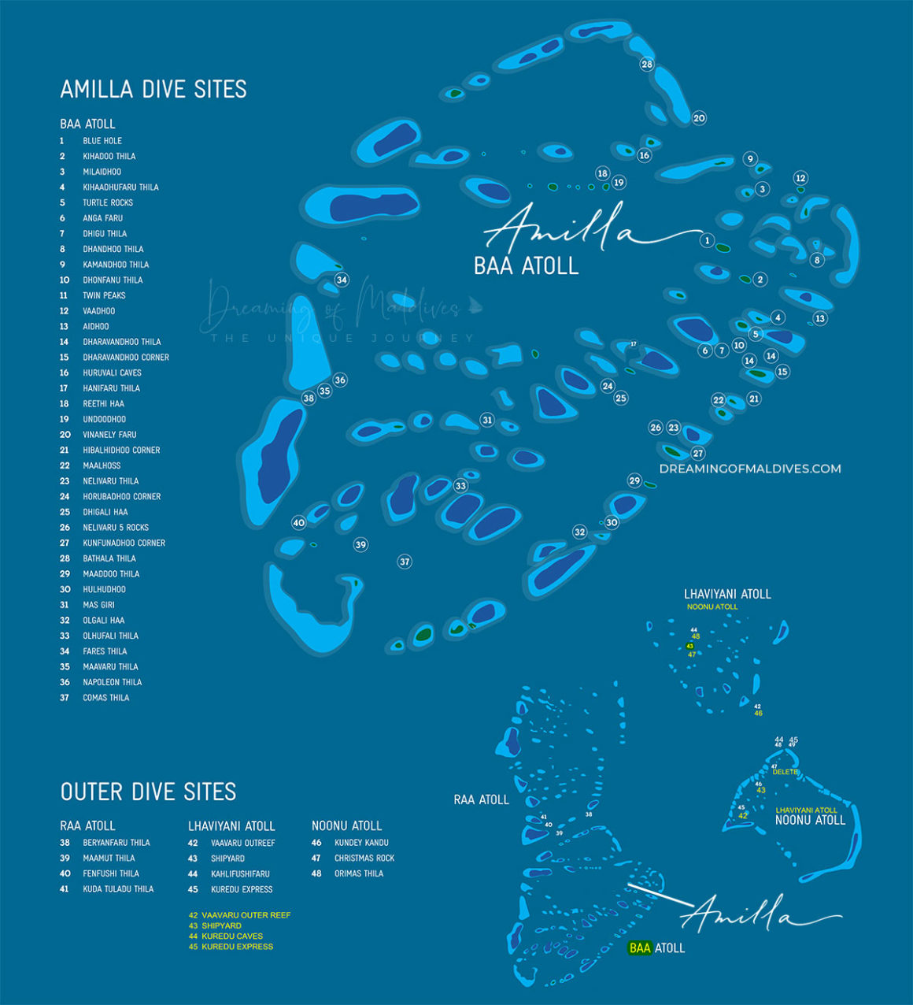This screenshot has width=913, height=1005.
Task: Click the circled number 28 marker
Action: [647, 64]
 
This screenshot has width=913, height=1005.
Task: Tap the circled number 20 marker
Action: [699, 118]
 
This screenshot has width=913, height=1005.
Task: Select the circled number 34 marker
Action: [342, 280]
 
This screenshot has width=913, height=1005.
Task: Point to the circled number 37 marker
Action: [405, 562]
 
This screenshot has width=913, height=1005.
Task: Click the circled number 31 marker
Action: [487, 420]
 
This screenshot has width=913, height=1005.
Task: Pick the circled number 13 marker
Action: [820, 318]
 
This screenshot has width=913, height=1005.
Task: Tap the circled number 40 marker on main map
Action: [298, 522]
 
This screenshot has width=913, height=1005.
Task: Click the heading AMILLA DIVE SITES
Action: [153, 89]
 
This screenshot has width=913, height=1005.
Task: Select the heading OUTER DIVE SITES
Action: [148, 792]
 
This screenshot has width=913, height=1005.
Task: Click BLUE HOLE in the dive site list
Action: [102, 141]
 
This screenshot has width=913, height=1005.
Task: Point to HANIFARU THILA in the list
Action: [111, 388]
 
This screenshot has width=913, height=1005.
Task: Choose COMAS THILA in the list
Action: [105, 698]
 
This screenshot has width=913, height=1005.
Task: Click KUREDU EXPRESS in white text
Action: [242, 889]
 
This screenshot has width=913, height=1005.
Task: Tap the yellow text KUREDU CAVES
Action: [232, 936]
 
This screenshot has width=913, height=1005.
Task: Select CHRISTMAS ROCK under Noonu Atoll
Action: [364, 859]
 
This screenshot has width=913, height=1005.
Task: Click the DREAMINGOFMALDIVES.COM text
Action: [750, 469]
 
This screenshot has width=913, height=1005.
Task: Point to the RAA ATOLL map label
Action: [481, 799]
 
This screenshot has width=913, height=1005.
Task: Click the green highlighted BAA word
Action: [640, 948]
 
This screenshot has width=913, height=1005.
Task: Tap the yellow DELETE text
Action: [785, 772]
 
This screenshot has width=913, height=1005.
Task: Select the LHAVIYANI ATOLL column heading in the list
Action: [231, 826]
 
